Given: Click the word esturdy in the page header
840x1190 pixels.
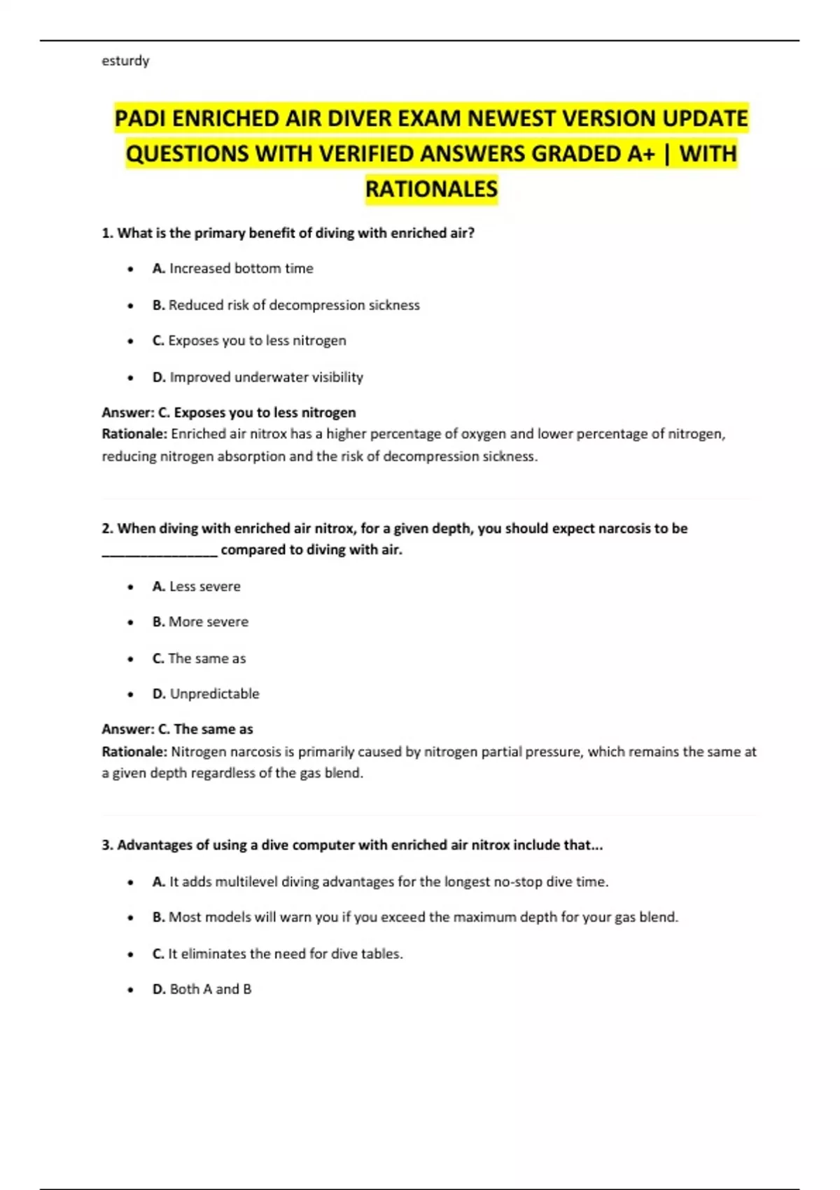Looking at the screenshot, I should click(125, 61).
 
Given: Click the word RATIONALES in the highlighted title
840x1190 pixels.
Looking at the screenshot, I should click(431, 189).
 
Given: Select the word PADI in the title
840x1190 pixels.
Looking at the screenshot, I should click(141, 118).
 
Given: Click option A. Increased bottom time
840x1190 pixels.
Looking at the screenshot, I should click(233, 269).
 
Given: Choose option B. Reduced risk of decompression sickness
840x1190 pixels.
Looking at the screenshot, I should click(286, 305).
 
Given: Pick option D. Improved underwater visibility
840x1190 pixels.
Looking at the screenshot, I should click(258, 377).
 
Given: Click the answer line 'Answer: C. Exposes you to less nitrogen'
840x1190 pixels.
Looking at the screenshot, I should click(229, 412).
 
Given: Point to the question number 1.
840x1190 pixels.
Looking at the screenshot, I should click(107, 233).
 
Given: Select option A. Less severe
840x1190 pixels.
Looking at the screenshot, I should click(197, 587).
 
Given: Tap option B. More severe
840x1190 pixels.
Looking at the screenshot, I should click(200, 622).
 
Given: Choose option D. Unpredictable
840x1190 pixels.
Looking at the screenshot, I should click(206, 694).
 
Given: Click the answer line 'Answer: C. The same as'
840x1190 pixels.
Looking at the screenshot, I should click(178, 729).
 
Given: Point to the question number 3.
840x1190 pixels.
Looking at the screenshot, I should click(107, 845).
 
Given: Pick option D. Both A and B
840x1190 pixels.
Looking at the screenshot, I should click(202, 989).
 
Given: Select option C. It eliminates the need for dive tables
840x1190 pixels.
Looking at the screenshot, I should click(278, 953).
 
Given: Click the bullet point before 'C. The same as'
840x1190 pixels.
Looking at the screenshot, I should click(131, 659).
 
